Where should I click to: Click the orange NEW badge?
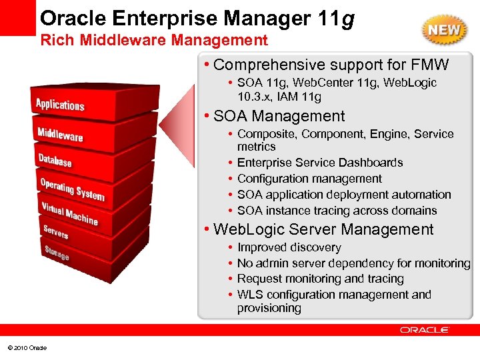pyautogui.click(x=443, y=30)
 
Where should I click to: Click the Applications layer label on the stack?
pyautogui.click(x=60, y=105)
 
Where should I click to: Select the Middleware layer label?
pyautogui.click(x=60, y=133)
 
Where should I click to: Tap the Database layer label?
pyautogui.click(x=55, y=160)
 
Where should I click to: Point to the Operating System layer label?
pyautogui.click(x=72, y=189)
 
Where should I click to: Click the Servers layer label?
pyautogui.click(x=56, y=231)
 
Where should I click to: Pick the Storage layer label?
pyautogui.click(x=57, y=253)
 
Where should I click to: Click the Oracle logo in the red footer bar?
pyautogui.click(x=425, y=329)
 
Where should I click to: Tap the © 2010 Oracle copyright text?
pyautogui.click(x=27, y=348)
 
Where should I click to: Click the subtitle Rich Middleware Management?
pyautogui.click(x=154, y=41)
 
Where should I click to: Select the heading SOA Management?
pyautogui.click(x=279, y=116)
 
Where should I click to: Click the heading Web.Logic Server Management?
pyautogui.click(x=323, y=229)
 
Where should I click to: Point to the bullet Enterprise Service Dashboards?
pyautogui.click(x=320, y=163)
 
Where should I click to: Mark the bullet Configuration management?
pyautogui.click(x=309, y=179)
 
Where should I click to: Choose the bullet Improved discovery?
pyautogui.click(x=289, y=247)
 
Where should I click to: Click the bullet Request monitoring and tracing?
pyautogui.click(x=320, y=279)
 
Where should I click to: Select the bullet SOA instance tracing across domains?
pyautogui.click(x=337, y=211)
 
